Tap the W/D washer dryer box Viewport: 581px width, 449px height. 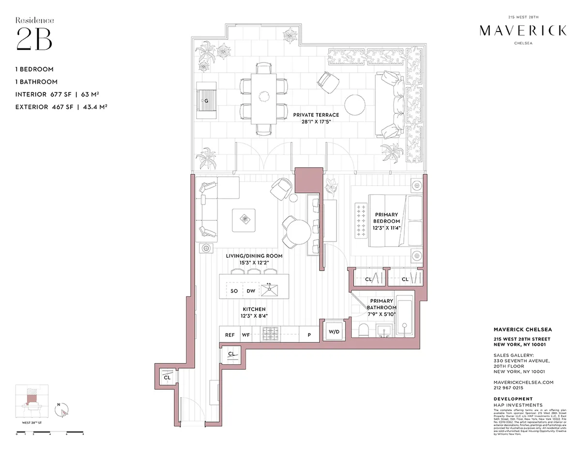[x=334, y=332]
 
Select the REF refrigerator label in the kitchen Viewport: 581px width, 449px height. [x=229, y=335]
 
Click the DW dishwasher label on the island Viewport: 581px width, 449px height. [x=251, y=291]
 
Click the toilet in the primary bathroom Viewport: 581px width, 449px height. [x=364, y=331]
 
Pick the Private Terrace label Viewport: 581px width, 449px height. [x=316, y=115]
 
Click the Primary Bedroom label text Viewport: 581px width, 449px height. [x=386, y=217]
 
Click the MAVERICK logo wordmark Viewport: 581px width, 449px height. [x=522, y=31]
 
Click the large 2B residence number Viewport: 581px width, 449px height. [x=34, y=39]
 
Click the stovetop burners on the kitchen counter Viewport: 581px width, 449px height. [x=269, y=334]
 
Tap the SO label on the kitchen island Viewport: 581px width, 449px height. [x=234, y=291]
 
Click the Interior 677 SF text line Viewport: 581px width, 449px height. [x=61, y=94]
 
